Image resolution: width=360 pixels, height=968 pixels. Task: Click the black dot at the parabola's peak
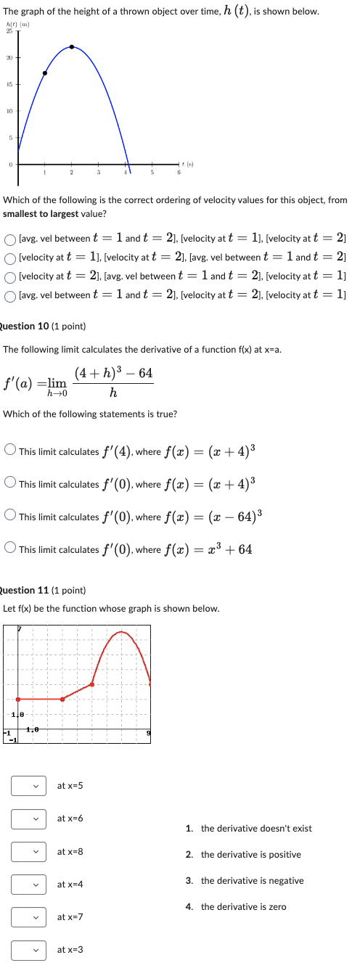tap(71, 47)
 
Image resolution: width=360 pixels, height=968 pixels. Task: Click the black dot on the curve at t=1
tap(45, 73)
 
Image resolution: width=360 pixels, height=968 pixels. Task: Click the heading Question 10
tap(44, 327)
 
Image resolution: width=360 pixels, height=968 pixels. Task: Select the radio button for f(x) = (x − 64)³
tap(10, 517)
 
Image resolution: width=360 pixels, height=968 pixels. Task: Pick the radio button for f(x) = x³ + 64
tap(10, 549)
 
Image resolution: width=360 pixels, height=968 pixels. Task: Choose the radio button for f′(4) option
tap(10, 451)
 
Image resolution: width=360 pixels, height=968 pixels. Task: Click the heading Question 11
tap(44, 591)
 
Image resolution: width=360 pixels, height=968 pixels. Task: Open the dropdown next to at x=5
tap(28, 786)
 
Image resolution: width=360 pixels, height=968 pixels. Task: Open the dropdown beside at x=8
tap(28, 851)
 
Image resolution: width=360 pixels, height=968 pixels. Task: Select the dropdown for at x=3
tap(28, 949)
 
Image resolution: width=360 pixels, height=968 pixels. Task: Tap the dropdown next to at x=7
tap(28, 917)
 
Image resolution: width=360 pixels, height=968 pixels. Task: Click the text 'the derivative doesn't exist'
tap(256, 829)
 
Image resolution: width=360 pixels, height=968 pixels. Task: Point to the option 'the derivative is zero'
tap(243, 907)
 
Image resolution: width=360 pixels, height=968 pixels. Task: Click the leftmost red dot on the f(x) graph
tap(18, 700)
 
